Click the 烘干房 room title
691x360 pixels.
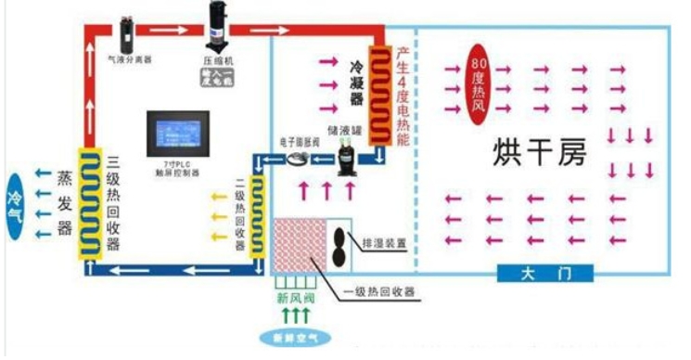[536, 151]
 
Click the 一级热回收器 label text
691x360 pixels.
[379, 293]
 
